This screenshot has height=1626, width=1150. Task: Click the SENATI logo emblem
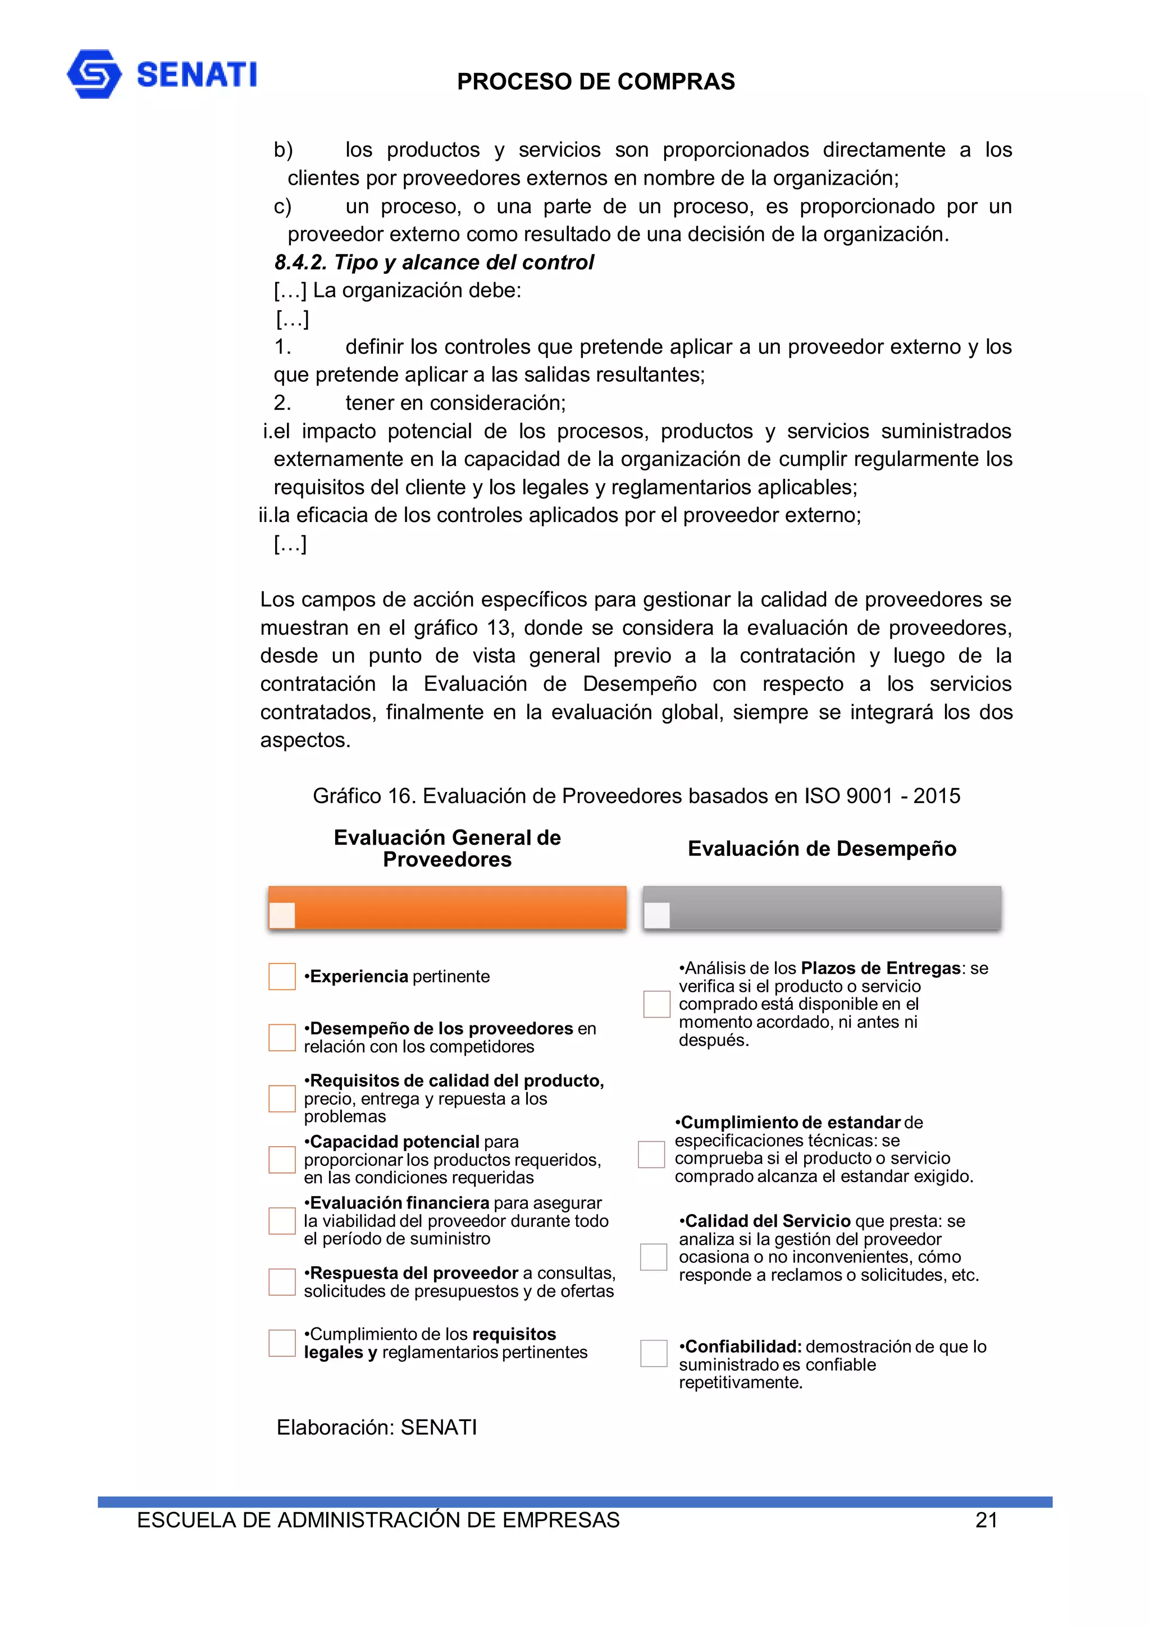pyautogui.click(x=94, y=74)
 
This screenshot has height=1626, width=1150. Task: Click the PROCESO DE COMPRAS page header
pyautogui.click(x=595, y=81)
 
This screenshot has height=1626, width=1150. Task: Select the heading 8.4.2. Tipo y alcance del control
pyautogui.click(x=433, y=262)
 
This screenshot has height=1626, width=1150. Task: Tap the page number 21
pyautogui.click(x=987, y=1520)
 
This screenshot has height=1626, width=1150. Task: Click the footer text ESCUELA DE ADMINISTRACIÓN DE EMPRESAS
pyautogui.click(x=378, y=1520)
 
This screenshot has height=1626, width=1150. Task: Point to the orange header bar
pyautogui.click(x=447, y=907)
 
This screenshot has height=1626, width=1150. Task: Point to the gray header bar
pyautogui.click(x=822, y=907)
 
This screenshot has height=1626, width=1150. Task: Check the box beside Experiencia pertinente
pyautogui.click(x=282, y=976)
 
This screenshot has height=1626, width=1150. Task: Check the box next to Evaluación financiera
pyautogui.click(x=282, y=1221)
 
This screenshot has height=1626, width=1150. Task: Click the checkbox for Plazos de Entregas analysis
pyautogui.click(x=657, y=1004)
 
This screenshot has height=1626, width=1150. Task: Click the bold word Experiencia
pyautogui.click(x=359, y=977)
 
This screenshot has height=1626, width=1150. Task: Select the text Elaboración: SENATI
pyautogui.click(x=376, y=1427)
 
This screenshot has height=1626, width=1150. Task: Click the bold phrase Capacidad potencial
pyautogui.click(x=395, y=1142)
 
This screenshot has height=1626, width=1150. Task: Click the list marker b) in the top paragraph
pyautogui.click(x=284, y=150)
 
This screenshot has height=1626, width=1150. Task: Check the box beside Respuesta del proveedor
pyautogui.click(x=282, y=1282)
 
